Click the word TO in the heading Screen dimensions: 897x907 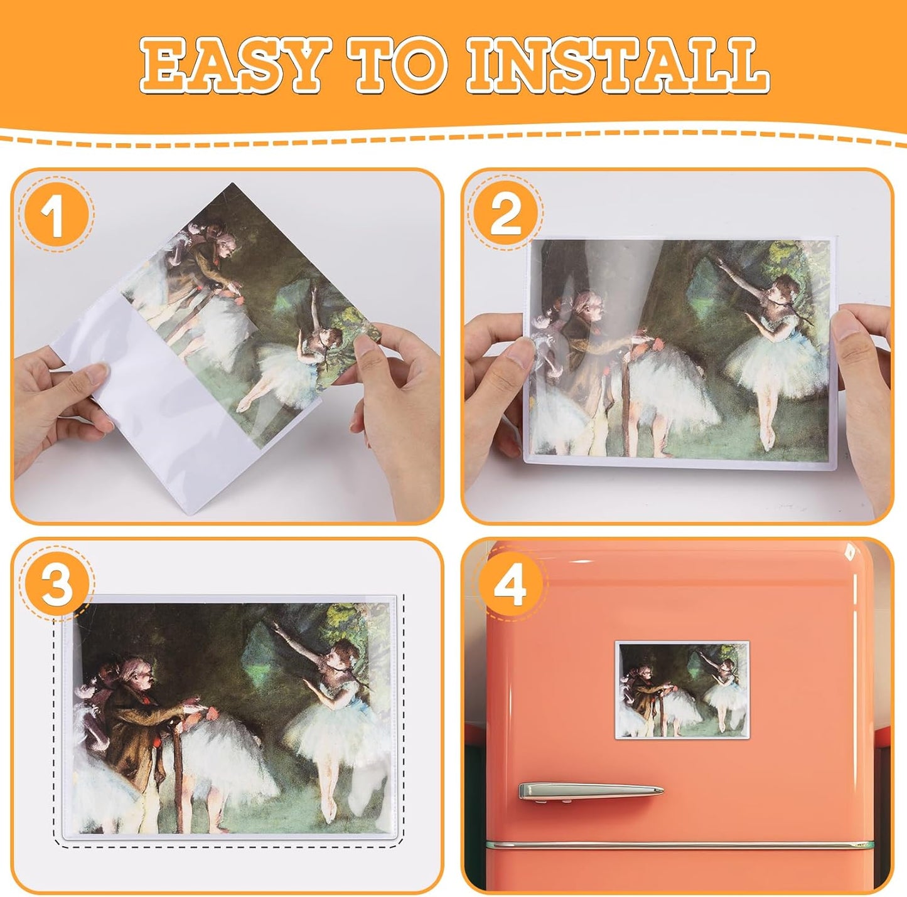[x=400, y=65]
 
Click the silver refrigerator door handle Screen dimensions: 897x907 [x=590, y=791]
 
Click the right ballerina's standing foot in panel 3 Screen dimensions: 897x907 [x=328, y=815]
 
